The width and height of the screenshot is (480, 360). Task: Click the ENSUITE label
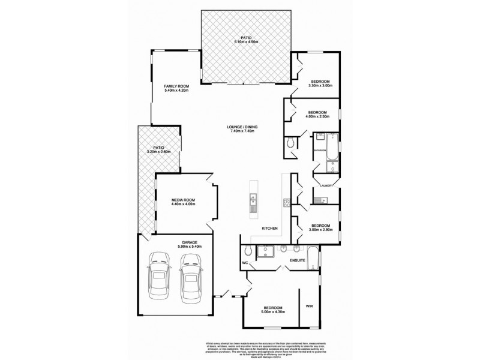298,260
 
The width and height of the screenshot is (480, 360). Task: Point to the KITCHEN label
269,229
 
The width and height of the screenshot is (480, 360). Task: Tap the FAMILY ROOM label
176,86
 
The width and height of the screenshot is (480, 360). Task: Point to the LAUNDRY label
327,185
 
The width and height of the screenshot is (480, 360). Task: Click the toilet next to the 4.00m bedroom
291,143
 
